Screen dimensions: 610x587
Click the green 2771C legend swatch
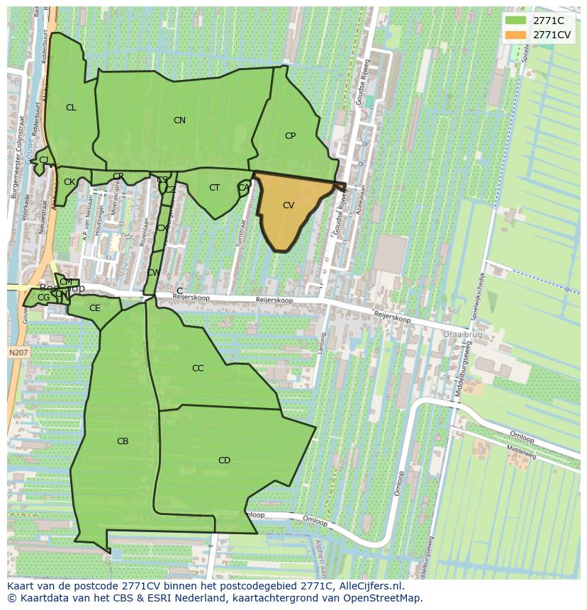click(515, 21)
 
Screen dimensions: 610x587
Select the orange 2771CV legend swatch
click(515, 35)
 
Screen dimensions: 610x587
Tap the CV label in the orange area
click(289, 205)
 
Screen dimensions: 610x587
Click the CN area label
click(179, 120)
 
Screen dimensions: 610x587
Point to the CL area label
click(71, 108)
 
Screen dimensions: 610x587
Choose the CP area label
click(290, 136)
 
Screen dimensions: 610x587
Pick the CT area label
click(214, 188)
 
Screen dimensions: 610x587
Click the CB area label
click(123, 441)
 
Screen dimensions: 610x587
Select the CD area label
click(224, 461)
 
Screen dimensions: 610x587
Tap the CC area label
click(198, 368)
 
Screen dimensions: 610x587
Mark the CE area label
click(94, 308)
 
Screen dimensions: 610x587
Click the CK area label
click(69, 182)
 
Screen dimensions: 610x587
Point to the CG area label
click(44, 298)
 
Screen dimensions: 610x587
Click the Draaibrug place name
click(462, 334)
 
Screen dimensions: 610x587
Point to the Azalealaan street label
click(364, 201)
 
